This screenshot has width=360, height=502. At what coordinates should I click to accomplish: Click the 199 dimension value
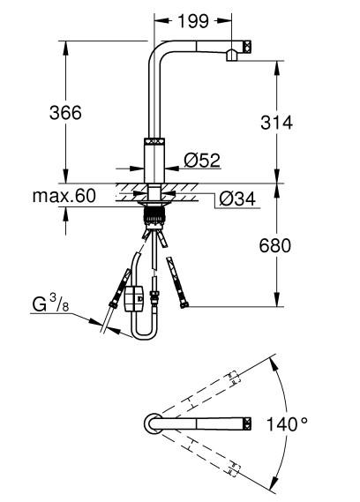pyautogui.click(x=193, y=21)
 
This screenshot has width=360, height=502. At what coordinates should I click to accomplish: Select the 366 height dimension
pyautogui.click(x=65, y=113)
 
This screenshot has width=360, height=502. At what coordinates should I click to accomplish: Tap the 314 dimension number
pyautogui.click(x=276, y=123)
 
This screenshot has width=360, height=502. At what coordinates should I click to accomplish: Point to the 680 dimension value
pyautogui.click(x=275, y=245)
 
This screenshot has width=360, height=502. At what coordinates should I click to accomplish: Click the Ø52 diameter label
pyautogui.click(x=202, y=160)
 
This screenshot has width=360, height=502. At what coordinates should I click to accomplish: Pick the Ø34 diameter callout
pyautogui.click(x=237, y=199)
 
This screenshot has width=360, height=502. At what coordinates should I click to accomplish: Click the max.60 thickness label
pyautogui.click(x=64, y=196)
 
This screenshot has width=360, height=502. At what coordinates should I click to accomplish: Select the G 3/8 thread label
pyautogui.click(x=50, y=303)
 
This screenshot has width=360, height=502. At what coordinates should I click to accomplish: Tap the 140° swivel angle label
pyautogui.click(x=287, y=424)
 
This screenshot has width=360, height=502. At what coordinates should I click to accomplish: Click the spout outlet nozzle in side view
pyautogui.click(x=231, y=56)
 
